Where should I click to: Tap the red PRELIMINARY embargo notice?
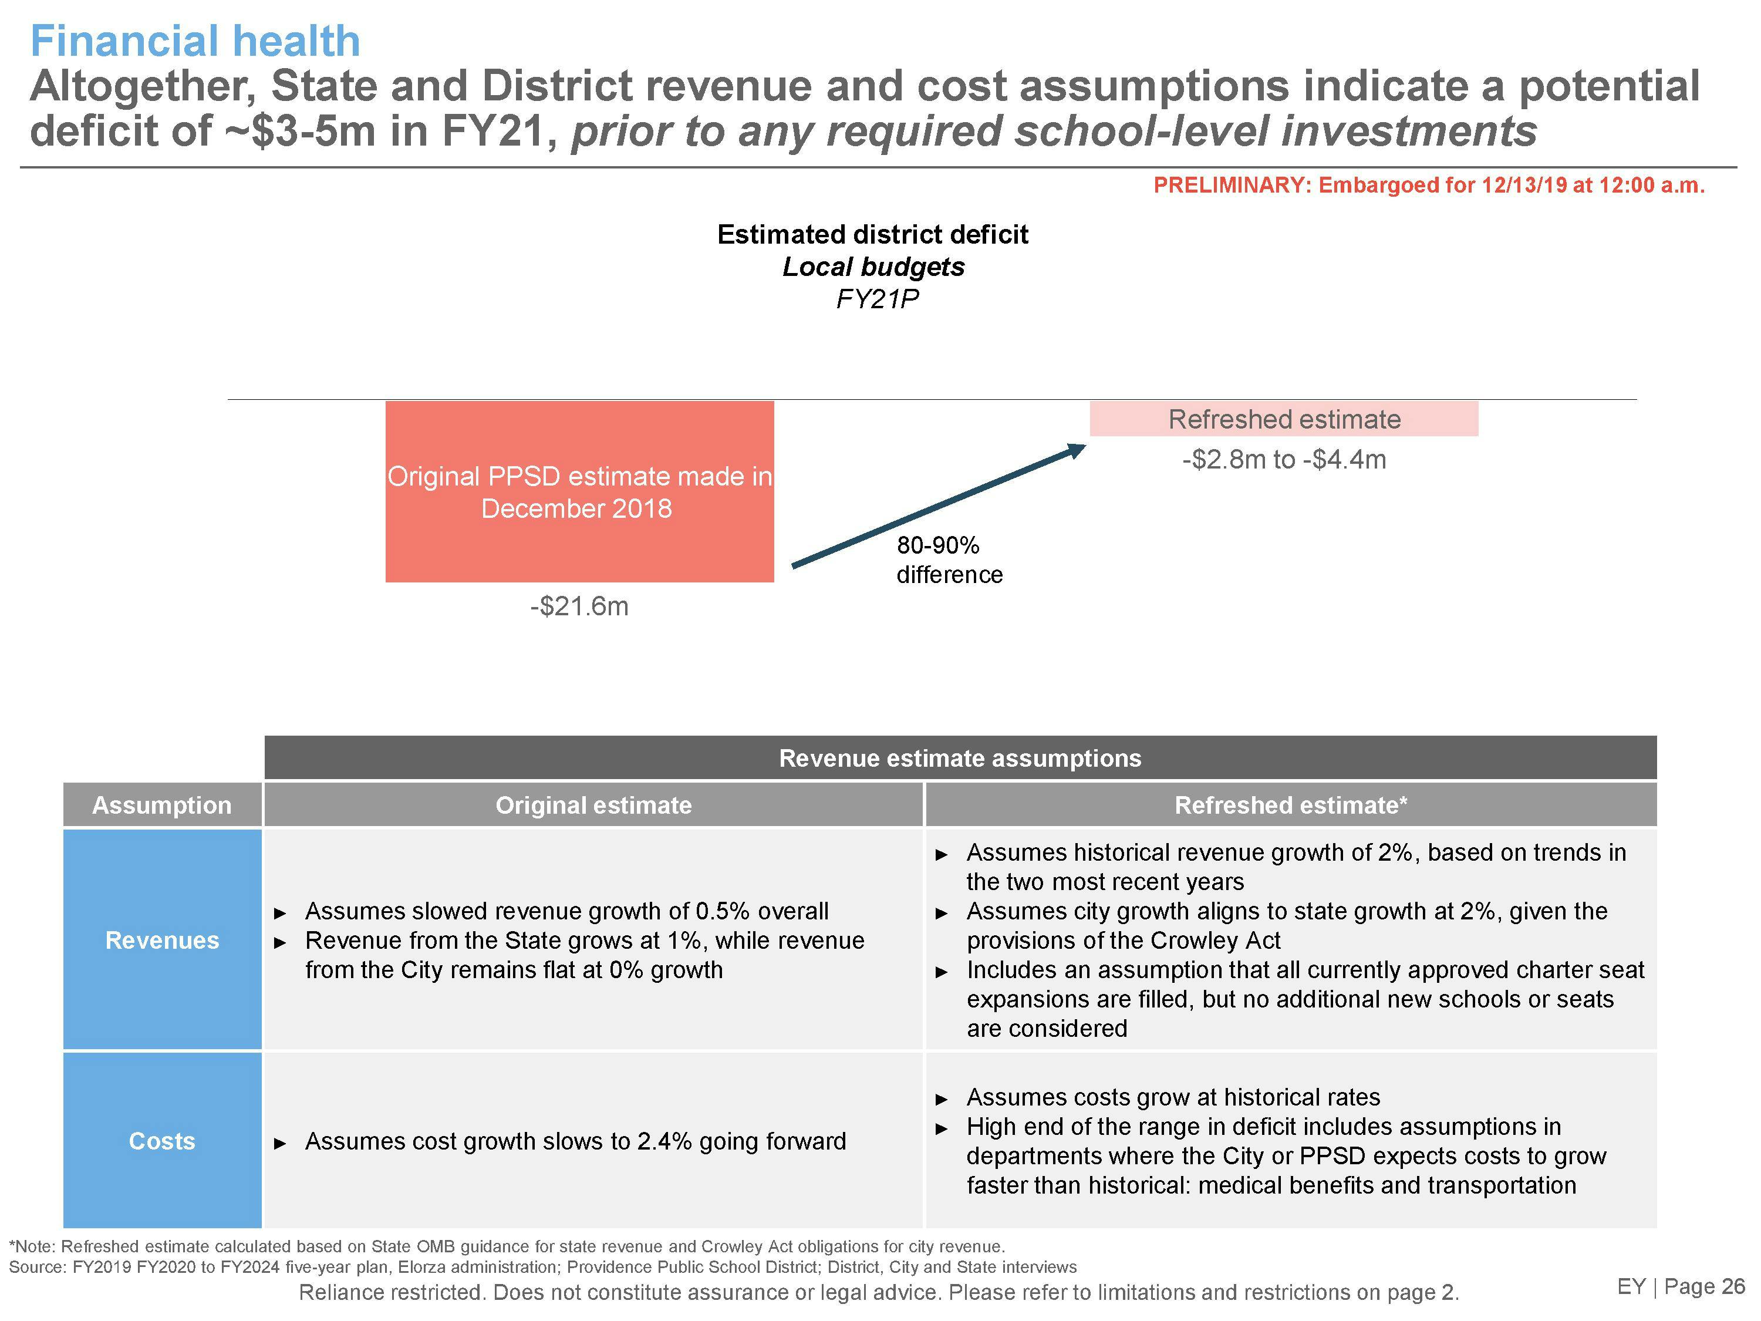pos(1429,186)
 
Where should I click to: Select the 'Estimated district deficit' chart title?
pos(872,234)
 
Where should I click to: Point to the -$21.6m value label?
pos(579,606)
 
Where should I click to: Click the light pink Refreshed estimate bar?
pos(1283,419)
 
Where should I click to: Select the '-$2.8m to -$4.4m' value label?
pos(1283,460)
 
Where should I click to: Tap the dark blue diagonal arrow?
pos(939,507)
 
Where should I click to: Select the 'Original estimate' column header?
pos(593,805)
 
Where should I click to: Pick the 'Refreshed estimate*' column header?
pos(1290,805)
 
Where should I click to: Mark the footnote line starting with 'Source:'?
pos(542,1267)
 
